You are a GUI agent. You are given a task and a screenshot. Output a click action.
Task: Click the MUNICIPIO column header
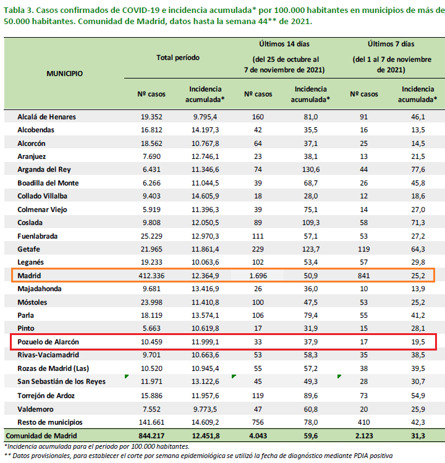point(65,74)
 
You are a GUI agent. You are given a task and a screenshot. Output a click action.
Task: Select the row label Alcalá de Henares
point(46,117)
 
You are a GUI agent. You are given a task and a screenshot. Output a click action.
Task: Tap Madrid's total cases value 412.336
point(151,276)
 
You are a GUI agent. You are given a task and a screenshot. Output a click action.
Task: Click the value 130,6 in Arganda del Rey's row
point(311,169)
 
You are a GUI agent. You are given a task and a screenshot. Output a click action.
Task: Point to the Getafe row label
point(28,249)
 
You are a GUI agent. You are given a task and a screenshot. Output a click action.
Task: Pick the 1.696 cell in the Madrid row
point(258,276)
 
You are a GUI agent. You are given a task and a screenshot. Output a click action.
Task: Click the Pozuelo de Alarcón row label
point(48,342)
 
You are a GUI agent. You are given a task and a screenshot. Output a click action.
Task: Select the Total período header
point(178,57)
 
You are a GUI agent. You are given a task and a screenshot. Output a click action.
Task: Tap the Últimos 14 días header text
point(284,44)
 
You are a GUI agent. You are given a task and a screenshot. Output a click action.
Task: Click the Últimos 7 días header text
point(391,44)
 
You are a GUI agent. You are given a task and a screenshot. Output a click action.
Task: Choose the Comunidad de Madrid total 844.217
point(151,436)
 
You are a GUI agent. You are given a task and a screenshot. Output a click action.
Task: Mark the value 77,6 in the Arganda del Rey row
point(418,169)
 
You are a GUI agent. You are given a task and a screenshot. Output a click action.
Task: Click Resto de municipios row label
point(50,422)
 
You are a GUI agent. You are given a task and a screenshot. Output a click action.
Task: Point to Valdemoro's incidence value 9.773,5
point(205,409)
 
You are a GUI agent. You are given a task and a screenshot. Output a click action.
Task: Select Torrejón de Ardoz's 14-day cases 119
point(258,396)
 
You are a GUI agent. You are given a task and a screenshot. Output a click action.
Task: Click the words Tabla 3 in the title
point(18,11)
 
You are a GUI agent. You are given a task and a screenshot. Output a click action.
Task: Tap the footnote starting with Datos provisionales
point(198,456)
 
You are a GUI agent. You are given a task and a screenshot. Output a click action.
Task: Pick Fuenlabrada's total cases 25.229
point(151,236)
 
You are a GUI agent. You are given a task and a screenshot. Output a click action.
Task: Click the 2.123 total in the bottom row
point(364,436)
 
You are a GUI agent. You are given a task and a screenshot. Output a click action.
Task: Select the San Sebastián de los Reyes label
point(61,381)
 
